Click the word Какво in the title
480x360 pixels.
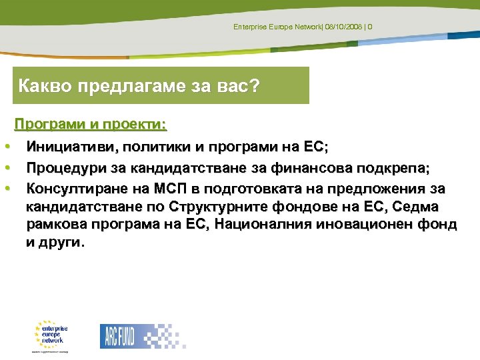coord(41,85)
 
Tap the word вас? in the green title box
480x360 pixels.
coord(237,85)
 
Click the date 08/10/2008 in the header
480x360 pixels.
coord(344,26)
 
